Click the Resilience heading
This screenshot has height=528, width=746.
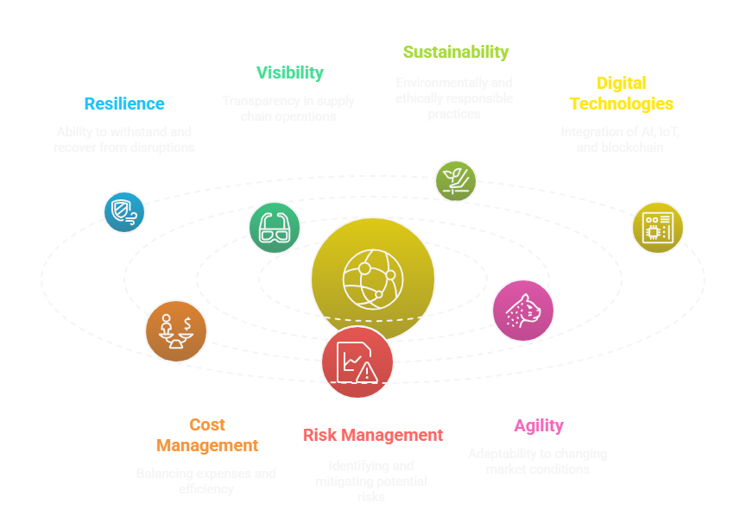[124, 104]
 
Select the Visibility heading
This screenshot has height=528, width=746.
[289, 72]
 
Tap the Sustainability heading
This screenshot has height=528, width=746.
[455, 52]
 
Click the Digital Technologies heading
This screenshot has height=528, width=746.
[621, 93]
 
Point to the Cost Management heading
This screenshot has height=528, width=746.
[207, 435]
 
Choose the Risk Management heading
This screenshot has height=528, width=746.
[373, 435]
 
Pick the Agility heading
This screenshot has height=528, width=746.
[539, 425]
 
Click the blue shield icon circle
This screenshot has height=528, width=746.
[124, 212]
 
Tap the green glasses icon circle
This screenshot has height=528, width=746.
[274, 227]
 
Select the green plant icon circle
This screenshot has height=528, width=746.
[455, 180]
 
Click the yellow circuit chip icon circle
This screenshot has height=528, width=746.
[657, 227]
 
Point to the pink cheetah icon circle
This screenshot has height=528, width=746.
[522, 311]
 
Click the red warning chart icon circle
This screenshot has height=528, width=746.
[357, 362]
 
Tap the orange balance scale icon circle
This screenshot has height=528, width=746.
[175, 330]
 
